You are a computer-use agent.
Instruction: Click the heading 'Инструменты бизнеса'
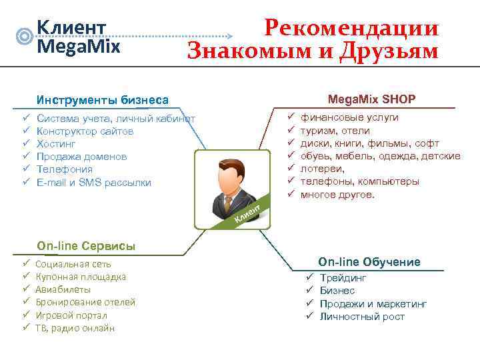(103, 100)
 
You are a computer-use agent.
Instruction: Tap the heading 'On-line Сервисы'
(86, 246)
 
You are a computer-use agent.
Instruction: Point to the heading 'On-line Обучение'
(369, 262)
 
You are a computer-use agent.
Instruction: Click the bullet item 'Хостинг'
(57, 144)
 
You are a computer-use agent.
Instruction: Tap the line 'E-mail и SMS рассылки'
(94, 183)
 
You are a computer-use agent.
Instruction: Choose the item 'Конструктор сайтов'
(85, 131)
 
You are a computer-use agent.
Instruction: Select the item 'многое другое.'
(338, 195)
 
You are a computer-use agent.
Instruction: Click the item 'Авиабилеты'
(63, 289)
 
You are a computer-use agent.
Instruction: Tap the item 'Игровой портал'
(71, 315)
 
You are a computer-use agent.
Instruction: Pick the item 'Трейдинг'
(343, 278)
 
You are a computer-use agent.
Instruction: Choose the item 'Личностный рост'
(362, 317)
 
